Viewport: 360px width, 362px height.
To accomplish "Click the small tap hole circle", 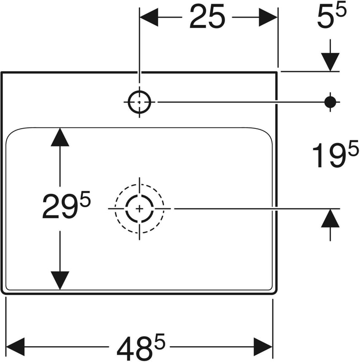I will tap(139, 102).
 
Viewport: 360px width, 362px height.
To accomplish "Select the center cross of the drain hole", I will tap(139, 209).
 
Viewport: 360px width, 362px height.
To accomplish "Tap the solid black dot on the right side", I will tap(331, 102).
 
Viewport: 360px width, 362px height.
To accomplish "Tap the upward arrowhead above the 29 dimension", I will tap(60, 137).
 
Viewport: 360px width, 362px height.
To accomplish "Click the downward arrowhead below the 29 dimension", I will tap(60, 280).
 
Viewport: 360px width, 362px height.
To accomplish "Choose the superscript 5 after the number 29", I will tap(86, 199).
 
